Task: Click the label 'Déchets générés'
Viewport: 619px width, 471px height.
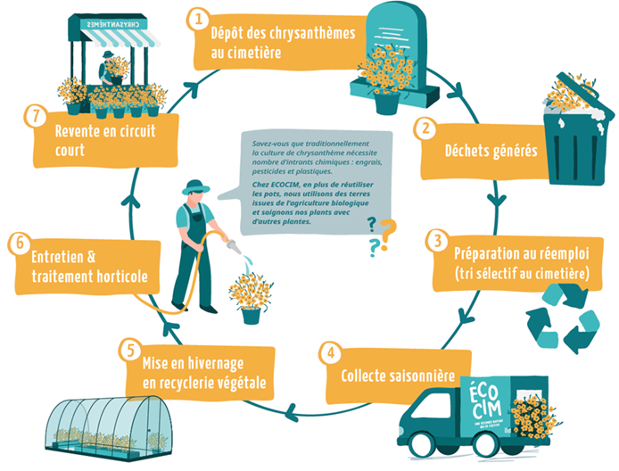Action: [x=490, y=150]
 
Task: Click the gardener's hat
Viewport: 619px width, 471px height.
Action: [x=196, y=187]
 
